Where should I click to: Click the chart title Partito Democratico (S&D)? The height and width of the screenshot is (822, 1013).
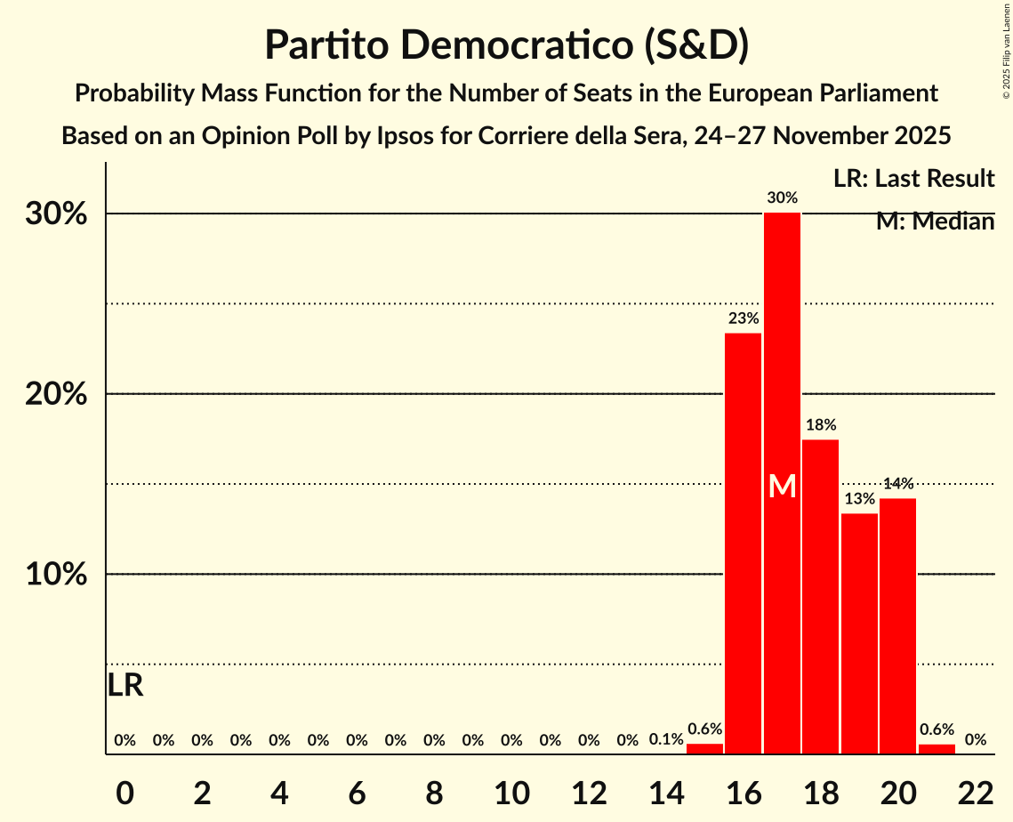(506, 44)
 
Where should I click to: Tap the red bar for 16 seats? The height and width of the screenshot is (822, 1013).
(744, 543)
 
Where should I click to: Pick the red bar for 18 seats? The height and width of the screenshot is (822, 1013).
(820, 596)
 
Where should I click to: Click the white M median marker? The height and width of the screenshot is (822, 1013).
(782, 486)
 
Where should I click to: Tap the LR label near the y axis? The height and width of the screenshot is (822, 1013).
(125, 685)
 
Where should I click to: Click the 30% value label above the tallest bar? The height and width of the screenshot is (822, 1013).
(782, 197)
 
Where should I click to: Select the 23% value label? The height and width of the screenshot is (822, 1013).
(744, 318)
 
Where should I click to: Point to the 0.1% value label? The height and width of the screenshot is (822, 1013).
(666, 739)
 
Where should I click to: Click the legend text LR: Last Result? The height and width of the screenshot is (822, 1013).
(913, 179)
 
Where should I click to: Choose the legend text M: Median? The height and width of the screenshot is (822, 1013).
(935, 222)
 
